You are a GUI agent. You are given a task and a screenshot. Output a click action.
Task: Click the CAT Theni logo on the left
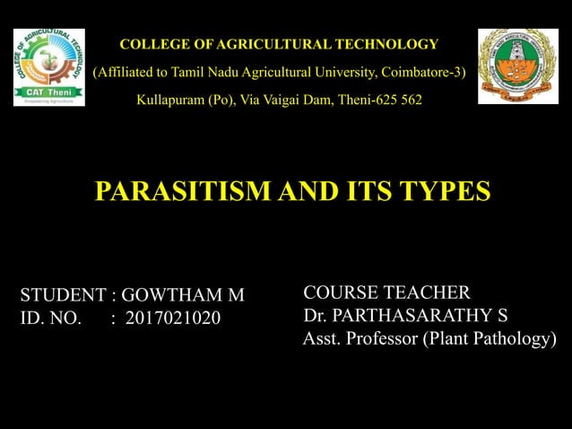[x=49, y=66]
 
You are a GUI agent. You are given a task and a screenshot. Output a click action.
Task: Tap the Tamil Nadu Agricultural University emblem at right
[x=517, y=66]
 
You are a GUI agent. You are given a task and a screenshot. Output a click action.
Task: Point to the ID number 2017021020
[x=173, y=318]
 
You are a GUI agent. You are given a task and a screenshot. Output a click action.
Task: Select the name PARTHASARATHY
[x=420, y=315]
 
